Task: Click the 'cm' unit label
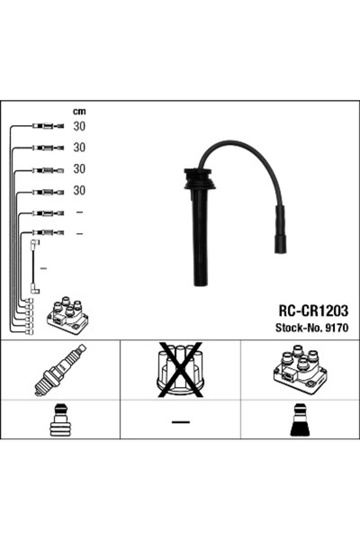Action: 78,112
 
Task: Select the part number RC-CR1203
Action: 308,309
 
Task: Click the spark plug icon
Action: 59,370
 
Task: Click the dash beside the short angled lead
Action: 43,268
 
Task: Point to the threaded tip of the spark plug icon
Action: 40,390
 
